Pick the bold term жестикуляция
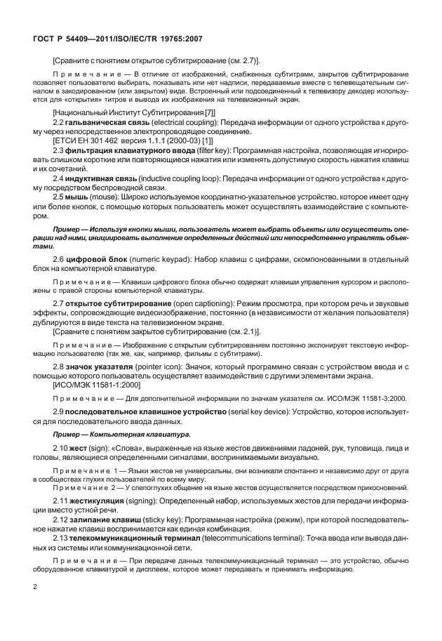[96, 500]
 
